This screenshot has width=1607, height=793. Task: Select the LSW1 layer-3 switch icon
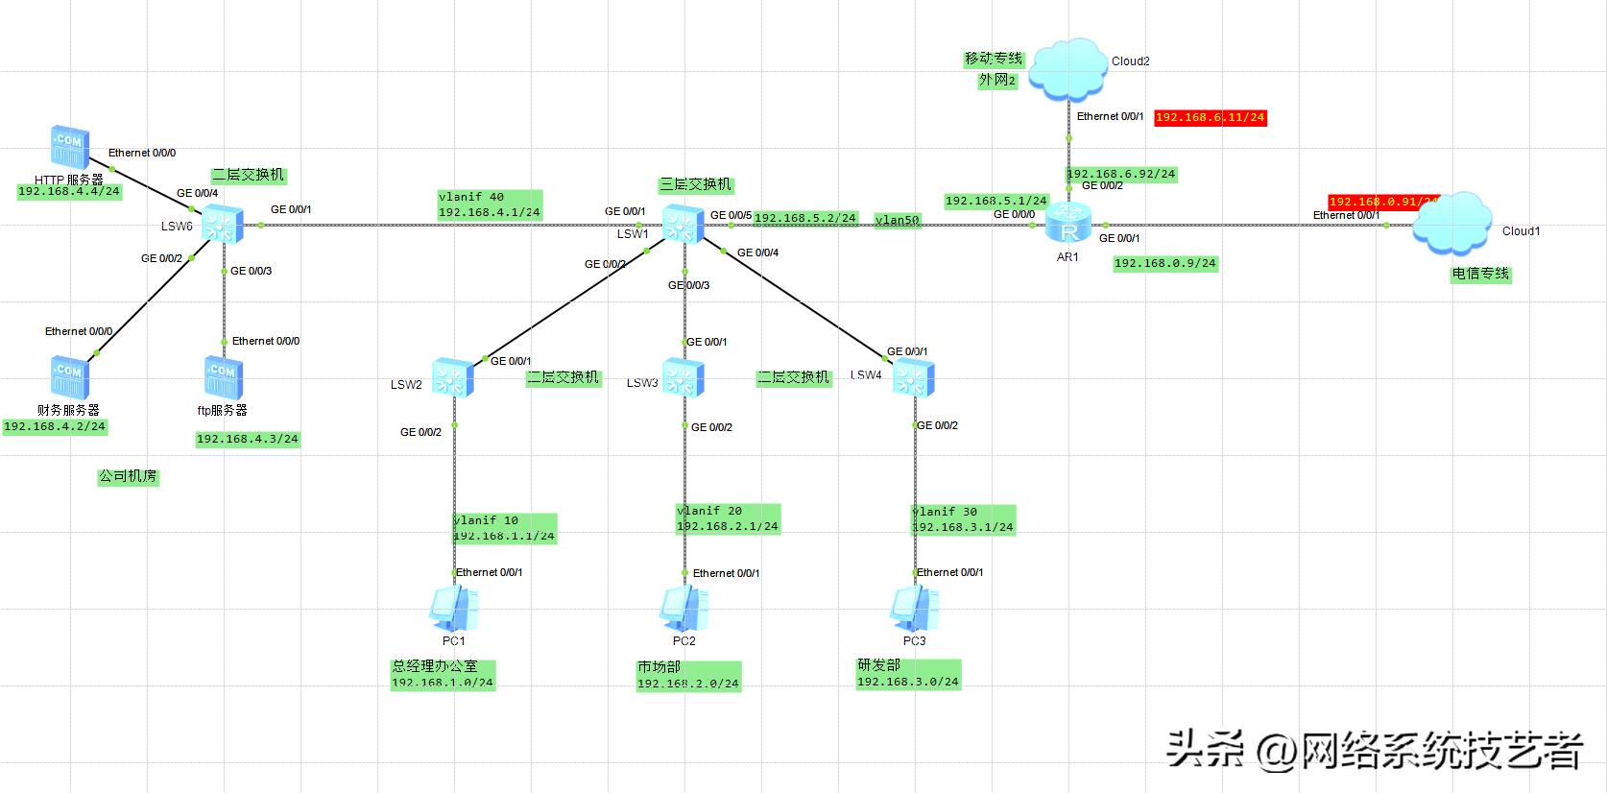tap(684, 225)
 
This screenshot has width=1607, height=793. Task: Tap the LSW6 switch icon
tap(224, 226)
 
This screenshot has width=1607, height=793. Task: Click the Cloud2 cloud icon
tap(1067, 68)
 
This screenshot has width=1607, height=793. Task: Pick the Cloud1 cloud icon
tap(1452, 223)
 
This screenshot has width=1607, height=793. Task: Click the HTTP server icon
tap(70, 147)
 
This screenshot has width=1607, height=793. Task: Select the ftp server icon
tap(223, 377)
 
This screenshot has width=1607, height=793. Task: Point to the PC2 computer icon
tap(684, 608)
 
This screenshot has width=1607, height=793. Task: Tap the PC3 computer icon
tap(914, 608)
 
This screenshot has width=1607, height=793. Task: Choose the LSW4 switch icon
tap(914, 378)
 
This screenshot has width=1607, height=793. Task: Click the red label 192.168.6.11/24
tap(1210, 117)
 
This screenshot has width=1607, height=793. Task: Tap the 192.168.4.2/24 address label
tap(55, 426)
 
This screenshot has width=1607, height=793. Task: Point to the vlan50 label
tap(898, 220)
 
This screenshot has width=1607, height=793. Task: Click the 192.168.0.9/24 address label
tap(1164, 263)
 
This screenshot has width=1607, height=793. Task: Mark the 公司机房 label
tap(128, 476)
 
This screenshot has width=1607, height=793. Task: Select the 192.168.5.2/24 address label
tap(804, 218)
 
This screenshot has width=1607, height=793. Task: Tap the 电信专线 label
tap(1480, 274)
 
